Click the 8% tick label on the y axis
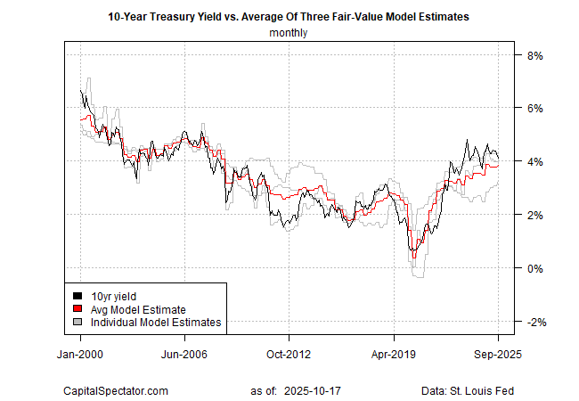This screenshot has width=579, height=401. click(537, 55)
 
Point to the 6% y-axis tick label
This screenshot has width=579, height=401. click(537, 109)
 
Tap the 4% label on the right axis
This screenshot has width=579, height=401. click(537, 161)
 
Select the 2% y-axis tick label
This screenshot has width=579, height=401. click(537, 215)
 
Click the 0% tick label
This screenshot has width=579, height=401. click(537, 268)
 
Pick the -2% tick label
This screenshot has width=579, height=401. click(535, 322)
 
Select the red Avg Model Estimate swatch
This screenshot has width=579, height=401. click(79, 308)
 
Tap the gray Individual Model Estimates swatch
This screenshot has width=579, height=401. click(79, 322)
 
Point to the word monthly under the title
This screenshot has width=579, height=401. click(289, 34)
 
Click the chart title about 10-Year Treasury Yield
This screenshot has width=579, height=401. click(289, 17)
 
